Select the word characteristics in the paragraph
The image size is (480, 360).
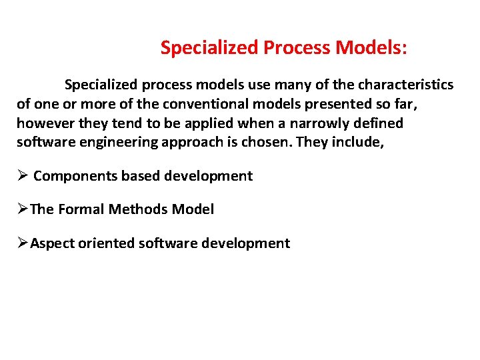click(405, 85)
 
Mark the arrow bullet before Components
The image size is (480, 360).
click(22, 176)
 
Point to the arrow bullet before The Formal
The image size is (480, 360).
click(22, 209)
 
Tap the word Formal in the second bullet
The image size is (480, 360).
click(81, 209)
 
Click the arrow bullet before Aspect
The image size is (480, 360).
click(22, 243)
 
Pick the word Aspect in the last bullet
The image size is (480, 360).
click(53, 243)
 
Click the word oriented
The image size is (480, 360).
click(107, 243)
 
